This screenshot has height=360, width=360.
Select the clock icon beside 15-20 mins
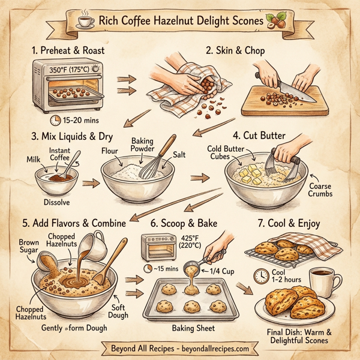click(56, 120)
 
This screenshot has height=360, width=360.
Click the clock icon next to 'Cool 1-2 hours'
click(260, 275)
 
